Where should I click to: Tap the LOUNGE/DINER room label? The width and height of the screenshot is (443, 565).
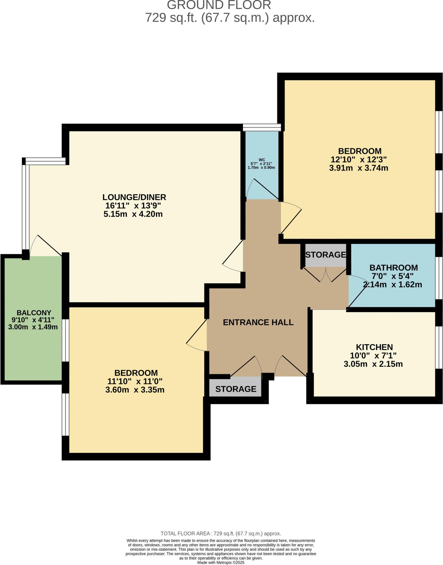click(x=134, y=197)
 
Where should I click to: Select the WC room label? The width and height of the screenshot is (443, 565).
click(x=262, y=160)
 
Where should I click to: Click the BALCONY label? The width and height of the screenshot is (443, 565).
click(x=34, y=313)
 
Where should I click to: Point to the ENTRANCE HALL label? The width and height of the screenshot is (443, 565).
click(x=258, y=322)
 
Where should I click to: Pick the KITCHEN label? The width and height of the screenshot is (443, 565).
click(x=374, y=347)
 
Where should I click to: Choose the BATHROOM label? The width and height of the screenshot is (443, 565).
click(x=393, y=268)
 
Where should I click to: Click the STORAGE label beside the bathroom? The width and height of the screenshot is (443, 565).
click(x=325, y=255)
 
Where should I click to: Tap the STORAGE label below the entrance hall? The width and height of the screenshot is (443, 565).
click(x=236, y=389)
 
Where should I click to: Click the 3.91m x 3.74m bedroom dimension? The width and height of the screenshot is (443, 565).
click(x=359, y=168)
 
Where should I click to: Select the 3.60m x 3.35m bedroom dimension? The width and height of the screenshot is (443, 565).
click(x=135, y=390)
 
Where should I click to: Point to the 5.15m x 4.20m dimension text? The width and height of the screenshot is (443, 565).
click(x=133, y=214)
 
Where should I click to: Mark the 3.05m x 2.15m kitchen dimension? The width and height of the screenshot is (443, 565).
click(x=373, y=364)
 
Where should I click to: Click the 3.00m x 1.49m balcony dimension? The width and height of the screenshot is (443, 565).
click(x=33, y=327)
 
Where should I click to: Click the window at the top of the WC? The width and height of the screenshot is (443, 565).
click(x=262, y=127)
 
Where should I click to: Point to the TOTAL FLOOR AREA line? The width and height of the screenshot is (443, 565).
click(x=221, y=533)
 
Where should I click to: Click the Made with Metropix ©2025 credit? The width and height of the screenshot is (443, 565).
click(x=221, y=563)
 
